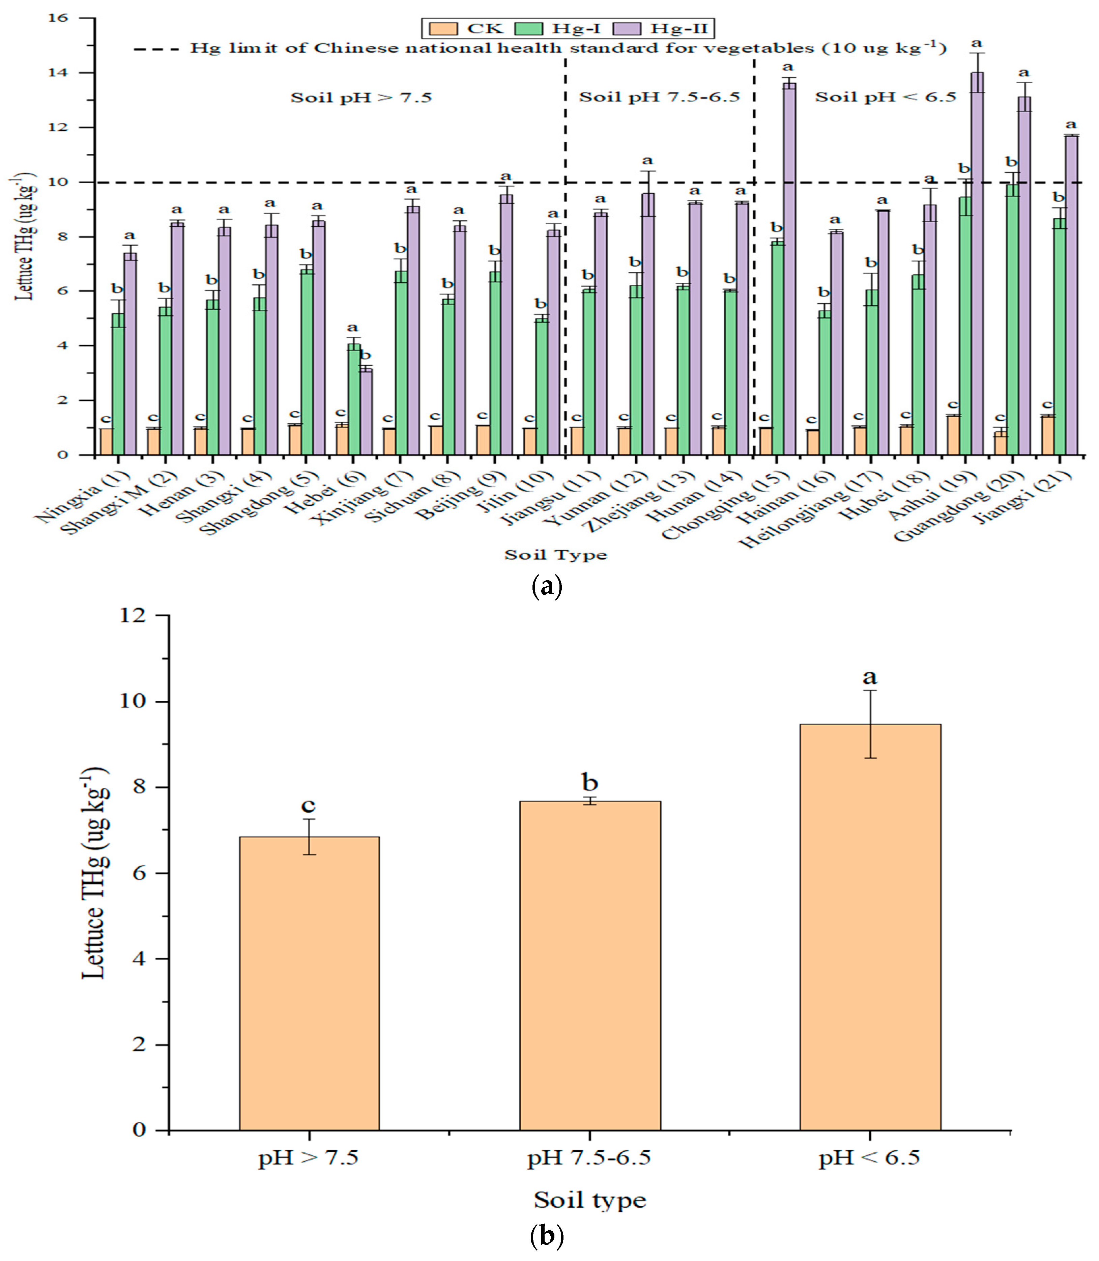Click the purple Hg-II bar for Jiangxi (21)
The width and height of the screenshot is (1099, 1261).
(x=1071, y=295)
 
